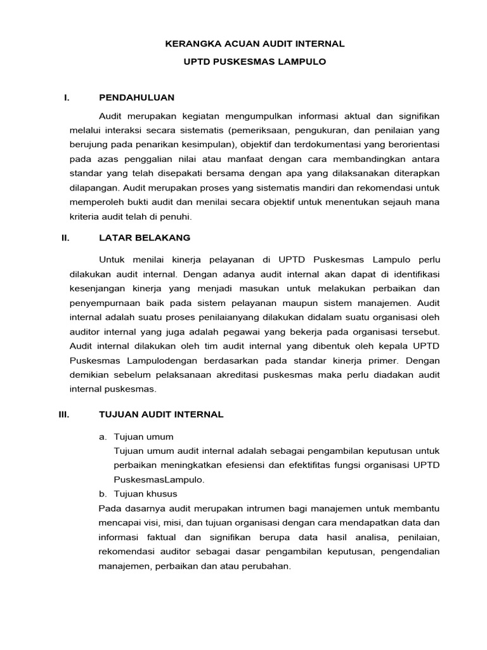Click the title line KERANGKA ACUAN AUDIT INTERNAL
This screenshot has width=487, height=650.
click(x=254, y=44)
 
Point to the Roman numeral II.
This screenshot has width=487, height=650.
click(x=65, y=237)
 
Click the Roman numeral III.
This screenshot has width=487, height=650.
click(x=63, y=414)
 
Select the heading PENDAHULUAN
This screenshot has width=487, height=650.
click(x=136, y=97)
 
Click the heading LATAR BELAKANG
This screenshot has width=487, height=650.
click(x=145, y=237)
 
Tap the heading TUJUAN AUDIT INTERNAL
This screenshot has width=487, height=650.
click(x=161, y=414)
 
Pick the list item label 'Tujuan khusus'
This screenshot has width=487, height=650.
click(x=145, y=493)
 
